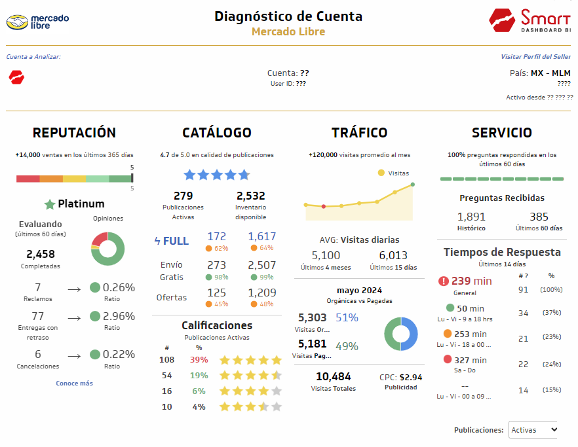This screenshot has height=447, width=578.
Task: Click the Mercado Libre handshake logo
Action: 18,23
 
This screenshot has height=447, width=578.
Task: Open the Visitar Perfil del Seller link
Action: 535,57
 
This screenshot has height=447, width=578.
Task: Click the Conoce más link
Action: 74,383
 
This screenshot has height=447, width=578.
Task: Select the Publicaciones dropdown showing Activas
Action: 534,430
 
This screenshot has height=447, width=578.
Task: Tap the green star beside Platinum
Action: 49,204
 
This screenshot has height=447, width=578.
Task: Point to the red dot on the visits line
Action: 324,206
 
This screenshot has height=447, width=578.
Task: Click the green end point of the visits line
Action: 413,185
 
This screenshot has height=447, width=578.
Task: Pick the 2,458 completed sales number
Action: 41,254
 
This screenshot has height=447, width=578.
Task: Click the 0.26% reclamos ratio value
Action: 119,287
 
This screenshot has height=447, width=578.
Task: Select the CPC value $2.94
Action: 410,377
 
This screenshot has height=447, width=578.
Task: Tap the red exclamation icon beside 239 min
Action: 444,281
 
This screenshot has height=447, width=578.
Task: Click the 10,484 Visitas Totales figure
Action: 333,377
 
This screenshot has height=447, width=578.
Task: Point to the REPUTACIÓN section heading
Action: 74,133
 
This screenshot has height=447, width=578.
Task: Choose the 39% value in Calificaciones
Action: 199,360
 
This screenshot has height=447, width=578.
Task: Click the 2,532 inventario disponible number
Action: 250,196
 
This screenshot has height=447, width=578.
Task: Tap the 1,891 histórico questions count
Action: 471,217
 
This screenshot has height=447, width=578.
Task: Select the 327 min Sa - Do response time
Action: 471,360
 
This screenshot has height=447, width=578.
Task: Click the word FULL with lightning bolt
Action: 171,241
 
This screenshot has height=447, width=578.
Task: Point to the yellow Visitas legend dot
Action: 381,173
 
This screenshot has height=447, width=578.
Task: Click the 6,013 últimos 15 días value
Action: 393,256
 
